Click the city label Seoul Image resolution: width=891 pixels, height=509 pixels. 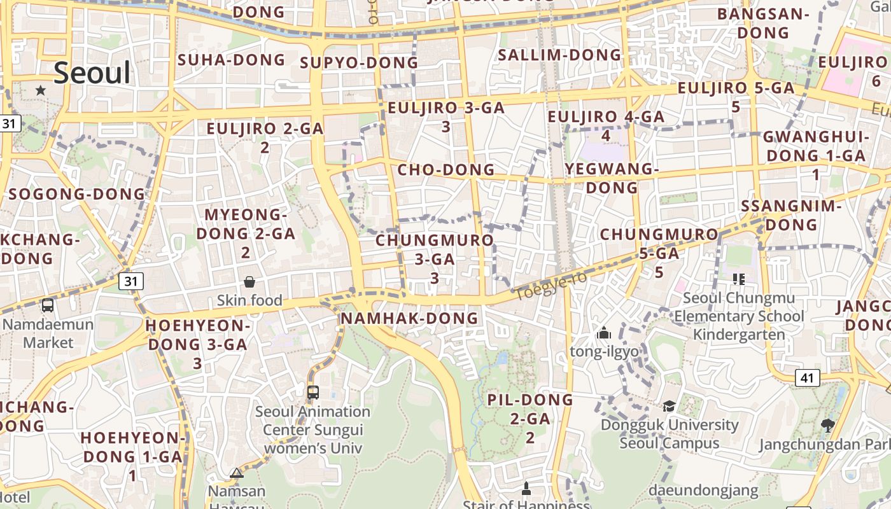[x=92, y=73]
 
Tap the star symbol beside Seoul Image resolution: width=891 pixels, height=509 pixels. [x=41, y=90]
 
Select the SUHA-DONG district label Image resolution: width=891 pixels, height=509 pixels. [x=231, y=60]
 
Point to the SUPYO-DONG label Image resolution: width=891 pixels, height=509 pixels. [x=359, y=62]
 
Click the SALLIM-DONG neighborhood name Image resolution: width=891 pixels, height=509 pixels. [x=559, y=55]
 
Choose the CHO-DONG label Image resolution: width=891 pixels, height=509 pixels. [x=445, y=170]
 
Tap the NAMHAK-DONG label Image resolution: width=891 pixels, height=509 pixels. [x=409, y=317]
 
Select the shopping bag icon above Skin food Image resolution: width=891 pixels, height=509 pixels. [x=249, y=281]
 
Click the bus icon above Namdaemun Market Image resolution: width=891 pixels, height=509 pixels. [x=48, y=305]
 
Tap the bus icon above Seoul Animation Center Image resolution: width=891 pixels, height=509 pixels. [x=312, y=392]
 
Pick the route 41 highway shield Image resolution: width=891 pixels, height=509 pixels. [x=807, y=378]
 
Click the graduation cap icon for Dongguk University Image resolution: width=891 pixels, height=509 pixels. [x=669, y=406]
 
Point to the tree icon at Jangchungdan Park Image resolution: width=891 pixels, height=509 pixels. [x=827, y=425]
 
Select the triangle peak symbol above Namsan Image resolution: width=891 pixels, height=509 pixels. [x=237, y=473]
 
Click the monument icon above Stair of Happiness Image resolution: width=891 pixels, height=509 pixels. [x=526, y=489]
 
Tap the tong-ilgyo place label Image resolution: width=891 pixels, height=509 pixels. [x=603, y=351]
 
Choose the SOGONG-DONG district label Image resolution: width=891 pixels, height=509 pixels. [x=77, y=194]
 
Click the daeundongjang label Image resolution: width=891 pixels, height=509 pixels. [x=703, y=491]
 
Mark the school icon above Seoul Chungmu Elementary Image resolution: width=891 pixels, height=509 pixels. [x=738, y=279]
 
